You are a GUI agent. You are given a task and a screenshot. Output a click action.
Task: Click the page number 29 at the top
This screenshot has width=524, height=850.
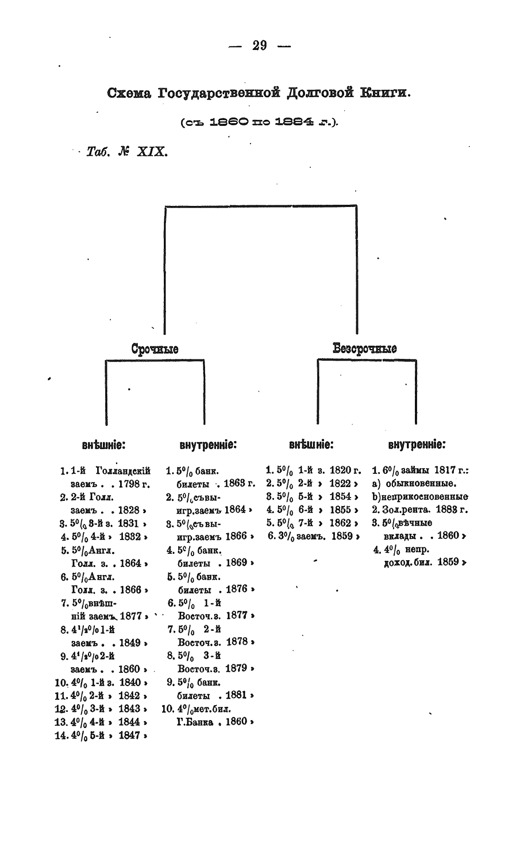260,45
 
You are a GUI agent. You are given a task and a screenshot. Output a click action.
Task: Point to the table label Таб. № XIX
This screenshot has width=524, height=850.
126,152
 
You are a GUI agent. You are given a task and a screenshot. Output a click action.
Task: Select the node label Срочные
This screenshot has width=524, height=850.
155,349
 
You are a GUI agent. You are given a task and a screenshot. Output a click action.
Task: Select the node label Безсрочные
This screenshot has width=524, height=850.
364,349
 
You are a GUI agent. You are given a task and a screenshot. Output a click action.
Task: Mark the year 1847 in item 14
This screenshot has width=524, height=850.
129,736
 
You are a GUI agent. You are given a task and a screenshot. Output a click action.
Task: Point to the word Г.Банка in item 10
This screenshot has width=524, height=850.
195,722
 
